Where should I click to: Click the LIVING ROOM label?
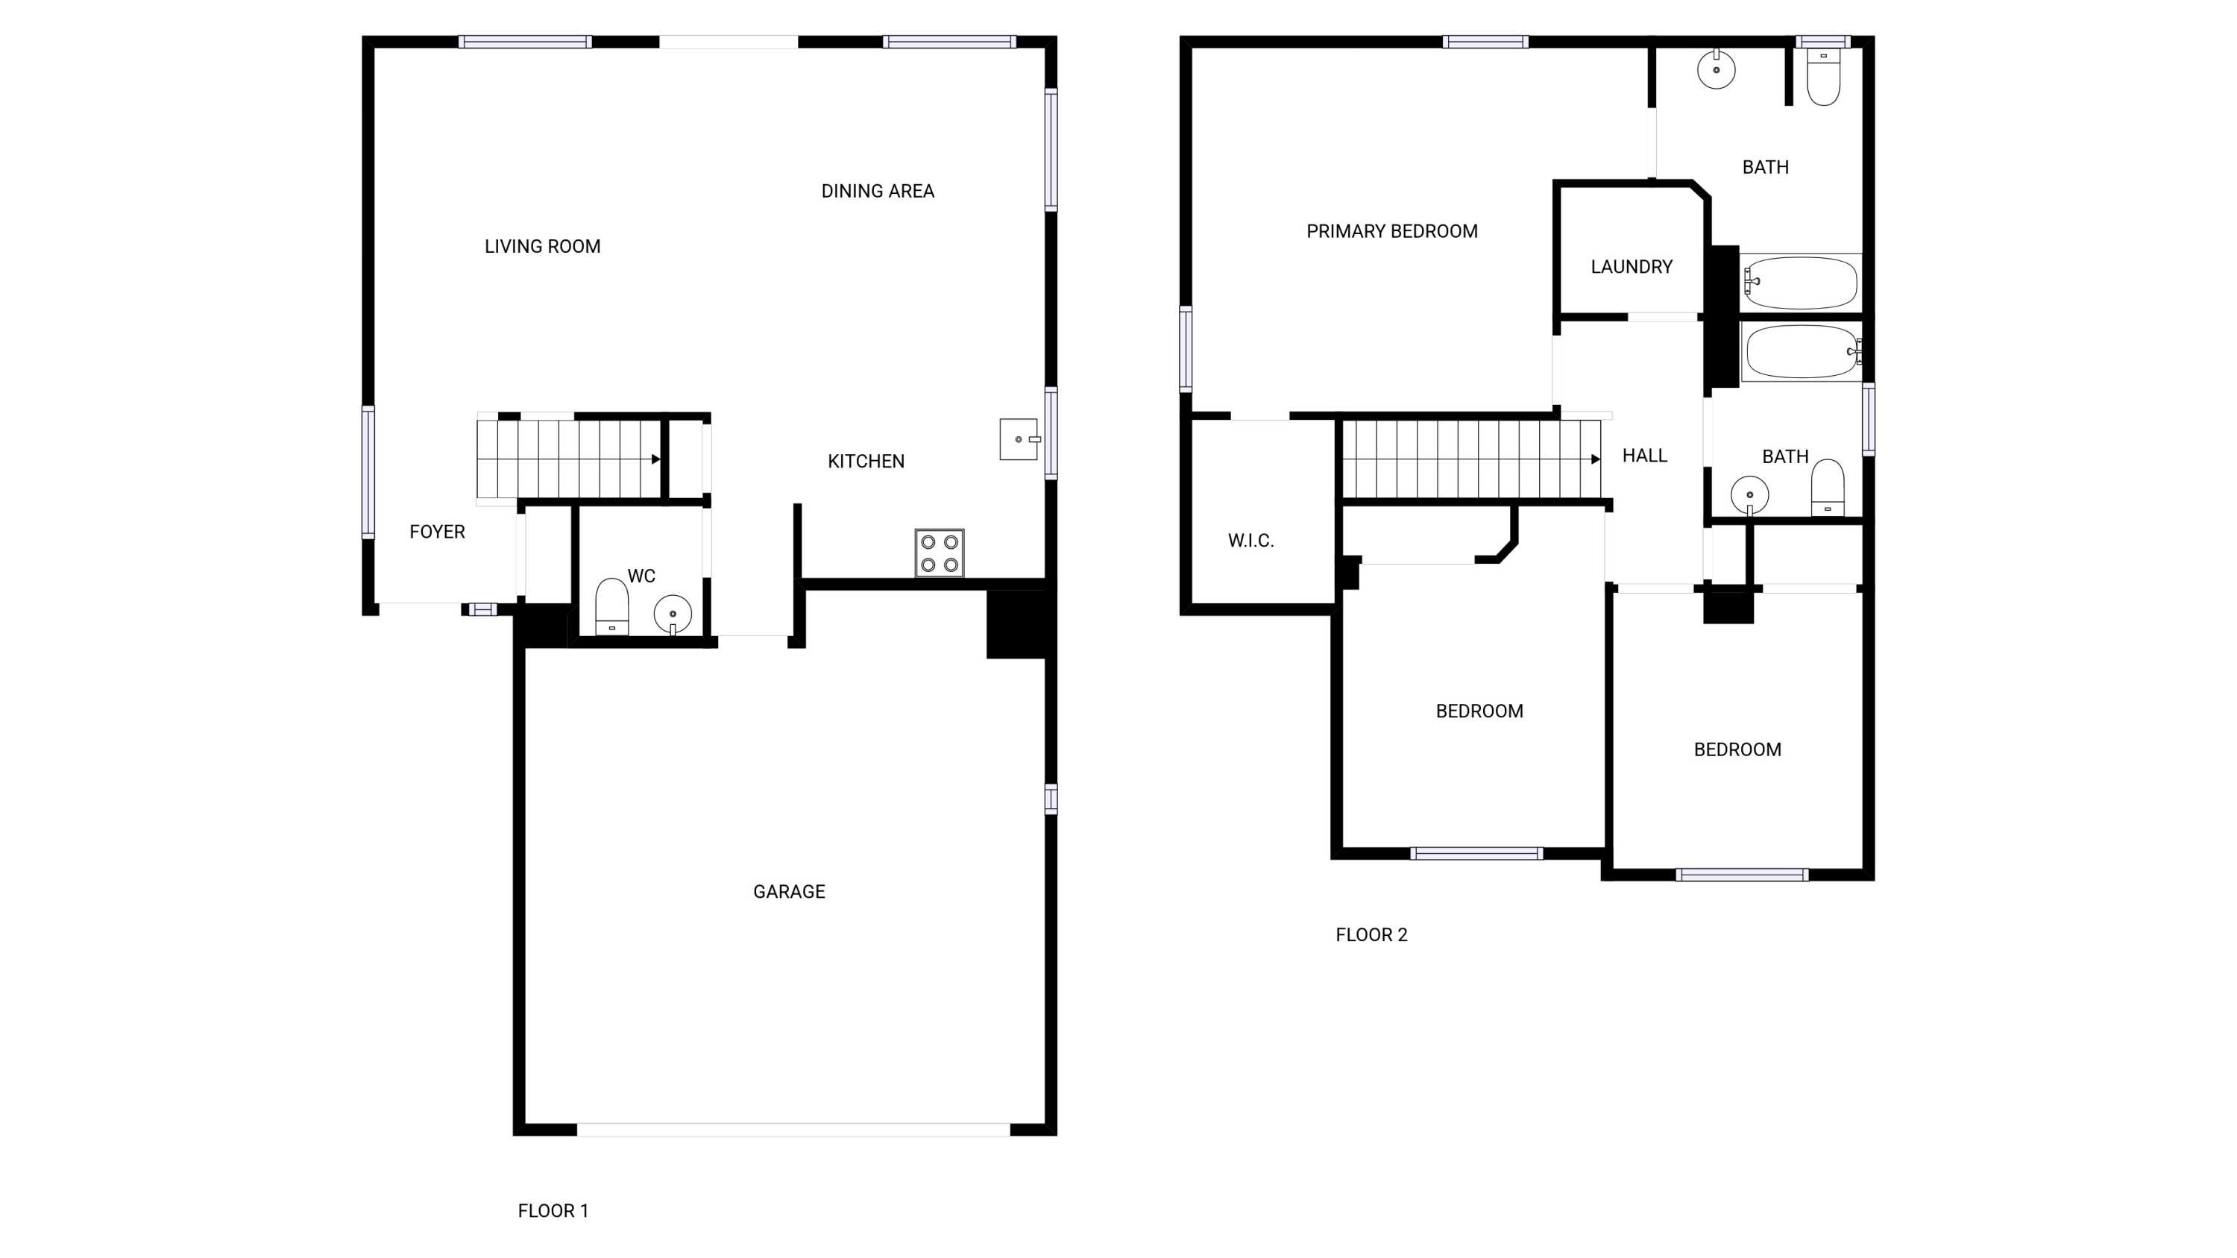(542, 247)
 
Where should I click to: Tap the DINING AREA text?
(877, 191)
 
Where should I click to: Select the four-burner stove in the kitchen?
(940, 553)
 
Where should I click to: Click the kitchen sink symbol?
(1019, 439)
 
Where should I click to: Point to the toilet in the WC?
(611, 607)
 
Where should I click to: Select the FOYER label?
(437, 532)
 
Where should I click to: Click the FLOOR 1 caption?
(553, 1211)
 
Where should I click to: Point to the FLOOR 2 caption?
(1371, 935)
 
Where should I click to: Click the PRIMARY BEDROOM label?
(1392, 231)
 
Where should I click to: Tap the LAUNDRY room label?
(1632, 266)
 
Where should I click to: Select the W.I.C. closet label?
(1250, 541)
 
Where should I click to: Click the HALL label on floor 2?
(1645, 456)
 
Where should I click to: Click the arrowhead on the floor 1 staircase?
(656, 459)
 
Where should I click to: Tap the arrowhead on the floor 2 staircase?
(1595, 459)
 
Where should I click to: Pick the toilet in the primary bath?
(1824, 76)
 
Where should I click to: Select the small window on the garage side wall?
(1051, 799)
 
